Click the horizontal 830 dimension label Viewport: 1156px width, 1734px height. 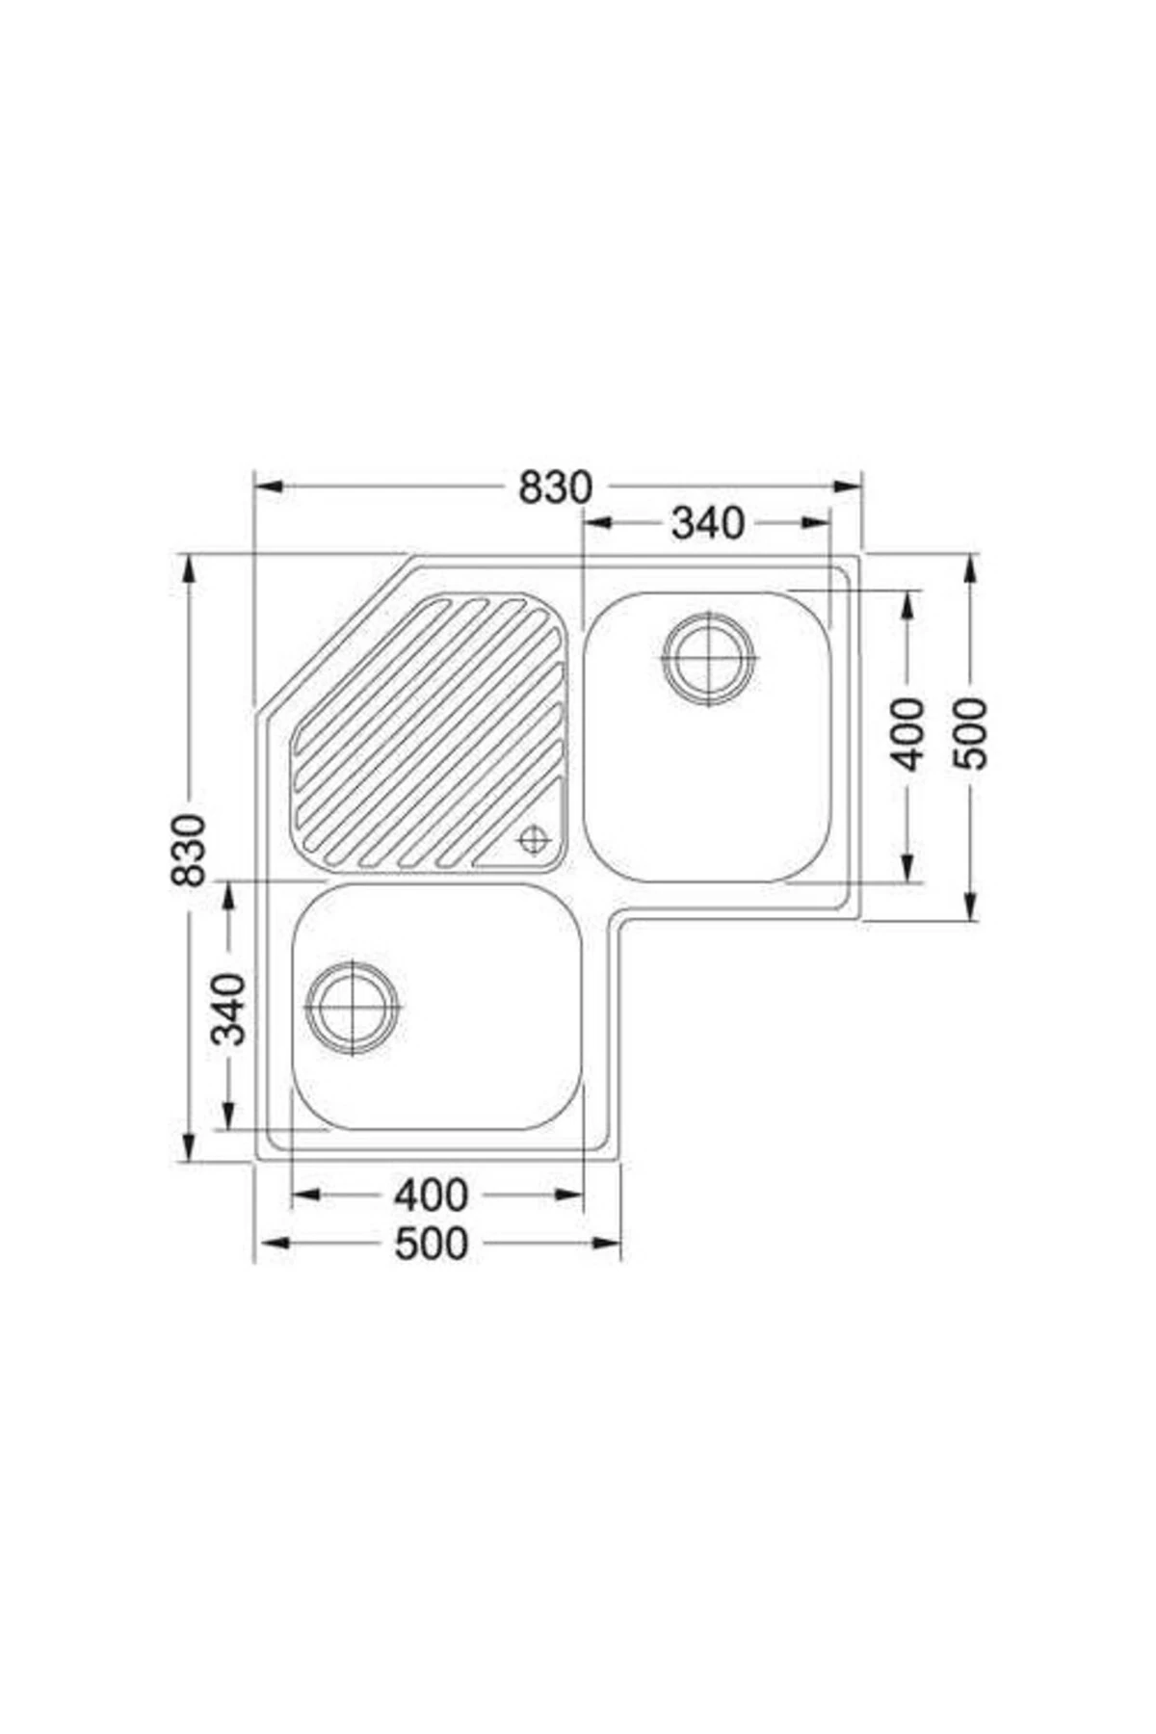click(x=555, y=488)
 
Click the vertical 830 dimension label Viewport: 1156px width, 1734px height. click(x=188, y=850)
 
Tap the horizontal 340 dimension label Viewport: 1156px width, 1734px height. click(x=708, y=523)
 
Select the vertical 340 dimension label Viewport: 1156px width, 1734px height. click(x=229, y=1009)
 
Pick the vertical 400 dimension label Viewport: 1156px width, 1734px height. click(x=907, y=735)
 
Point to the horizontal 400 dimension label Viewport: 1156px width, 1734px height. click(x=431, y=1195)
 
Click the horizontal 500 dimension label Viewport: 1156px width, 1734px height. click(x=431, y=1244)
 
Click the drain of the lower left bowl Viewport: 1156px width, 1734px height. click(x=353, y=1007)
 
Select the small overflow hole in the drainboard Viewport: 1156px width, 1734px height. click(x=532, y=839)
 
